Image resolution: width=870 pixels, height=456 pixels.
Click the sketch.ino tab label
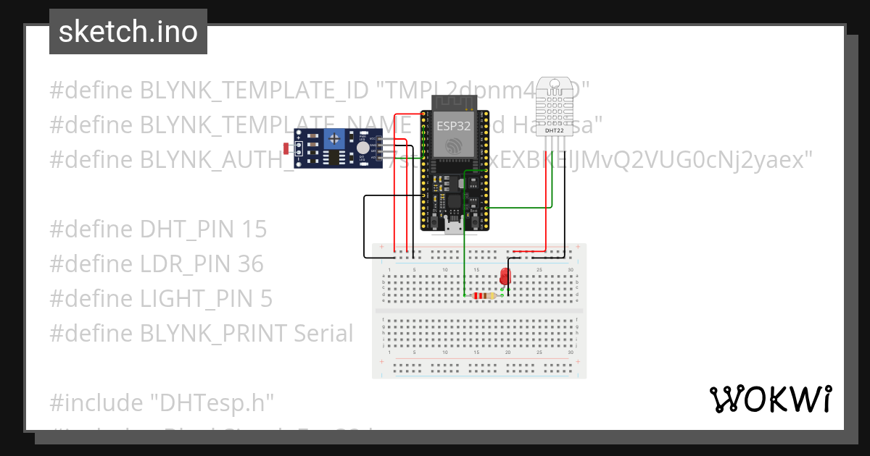[x=128, y=32]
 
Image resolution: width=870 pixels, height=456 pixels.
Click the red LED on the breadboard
[x=505, y=276]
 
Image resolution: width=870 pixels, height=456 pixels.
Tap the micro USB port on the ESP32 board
[x=455, y=227]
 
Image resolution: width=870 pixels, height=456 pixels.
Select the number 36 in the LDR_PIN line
[x=250, y=264]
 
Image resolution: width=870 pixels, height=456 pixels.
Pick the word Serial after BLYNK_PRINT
[x=323, y=333]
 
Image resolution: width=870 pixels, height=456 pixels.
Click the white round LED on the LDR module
[x=362, y=148]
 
